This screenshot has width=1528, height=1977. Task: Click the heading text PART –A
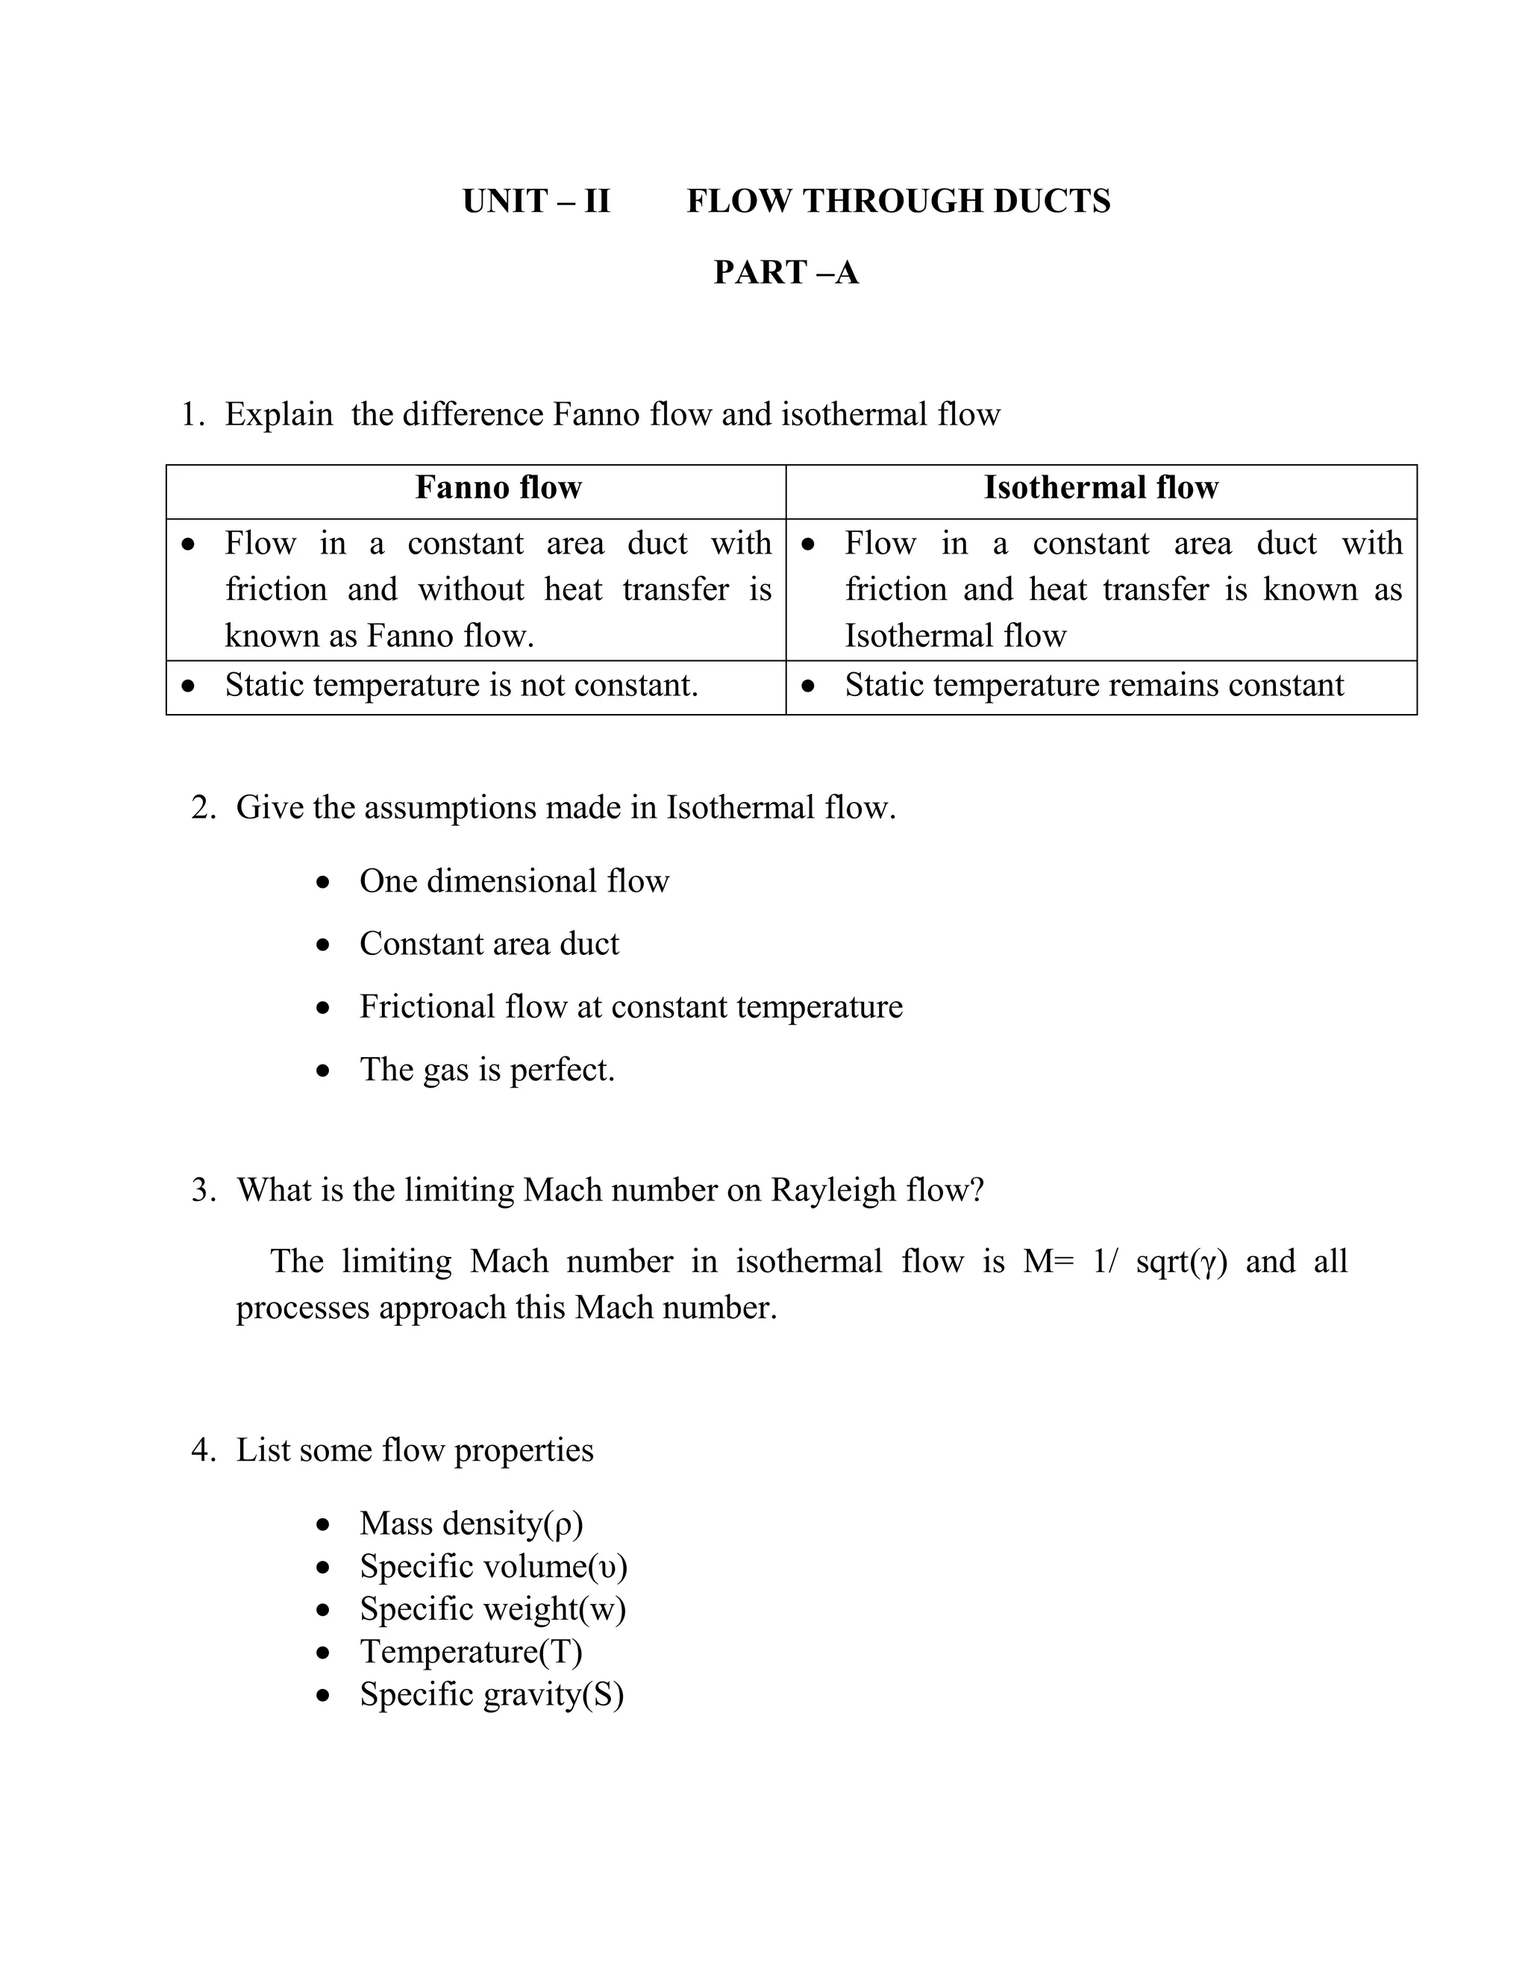coord(785,272)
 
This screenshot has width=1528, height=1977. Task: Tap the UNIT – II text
coord(536,201)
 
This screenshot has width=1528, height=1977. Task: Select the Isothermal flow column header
coord(1100,488)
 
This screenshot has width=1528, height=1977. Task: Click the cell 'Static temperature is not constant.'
coord(461,686)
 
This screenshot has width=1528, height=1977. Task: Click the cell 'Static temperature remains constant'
coord(1094,686)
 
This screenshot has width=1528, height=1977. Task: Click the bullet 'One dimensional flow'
coord(513,881)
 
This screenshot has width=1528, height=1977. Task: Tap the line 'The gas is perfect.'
coord(487,1070)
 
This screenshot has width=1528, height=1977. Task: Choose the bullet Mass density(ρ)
coord(471,1523)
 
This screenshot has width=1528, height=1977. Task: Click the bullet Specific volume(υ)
coord(492,1566)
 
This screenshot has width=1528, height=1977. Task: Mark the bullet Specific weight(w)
coord(492,1608)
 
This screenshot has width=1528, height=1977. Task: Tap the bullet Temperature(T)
coord(471,1651)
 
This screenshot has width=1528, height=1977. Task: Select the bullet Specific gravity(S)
coord(492,1694)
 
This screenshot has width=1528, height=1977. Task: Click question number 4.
coord(203,1450)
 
